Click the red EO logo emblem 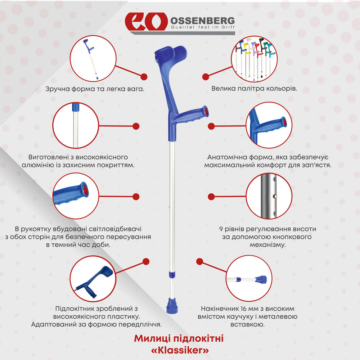click(145, 22)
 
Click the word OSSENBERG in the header click(202, 20)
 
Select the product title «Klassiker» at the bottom click(179, 350)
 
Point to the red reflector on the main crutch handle click(205, 111)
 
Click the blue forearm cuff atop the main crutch click(169, 58)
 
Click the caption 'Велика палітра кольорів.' click(254, 88)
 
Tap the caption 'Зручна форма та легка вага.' click(95, 88)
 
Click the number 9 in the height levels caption click(221, 229)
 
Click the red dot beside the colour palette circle click(206, 77)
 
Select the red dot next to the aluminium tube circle click(136, 126)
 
